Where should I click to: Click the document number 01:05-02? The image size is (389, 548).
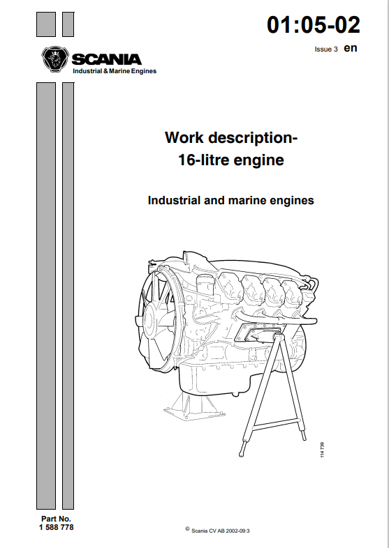(314, 26)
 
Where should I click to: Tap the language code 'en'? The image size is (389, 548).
(351, 48)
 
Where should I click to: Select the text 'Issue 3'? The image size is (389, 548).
(326, 50)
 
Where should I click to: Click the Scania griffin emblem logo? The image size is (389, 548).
(54, 59)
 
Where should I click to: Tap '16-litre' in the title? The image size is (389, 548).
(203, 160)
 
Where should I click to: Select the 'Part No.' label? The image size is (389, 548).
(57, 519)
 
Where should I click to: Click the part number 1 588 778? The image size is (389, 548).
(57, 528)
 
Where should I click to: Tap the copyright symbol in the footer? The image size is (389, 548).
(186, 529)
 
